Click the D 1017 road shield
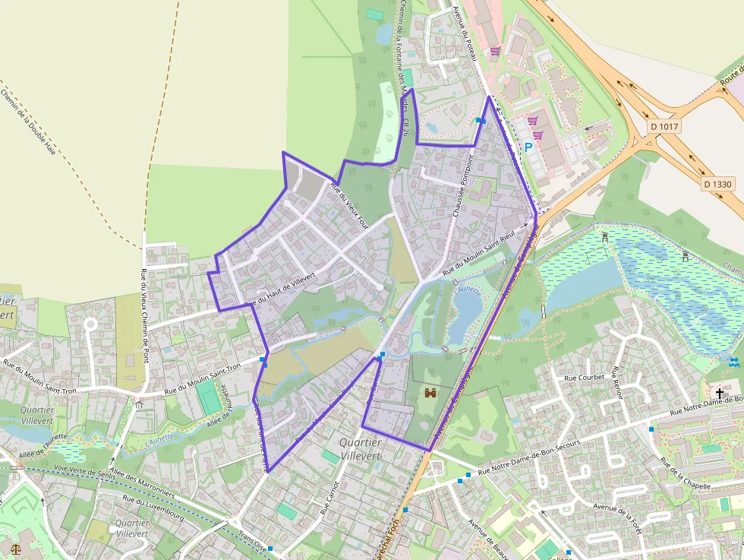(665, 126)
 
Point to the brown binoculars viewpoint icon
(430, 393)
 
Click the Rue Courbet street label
(584, 377)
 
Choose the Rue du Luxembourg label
(153, 508)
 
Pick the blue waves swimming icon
(733, 362)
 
